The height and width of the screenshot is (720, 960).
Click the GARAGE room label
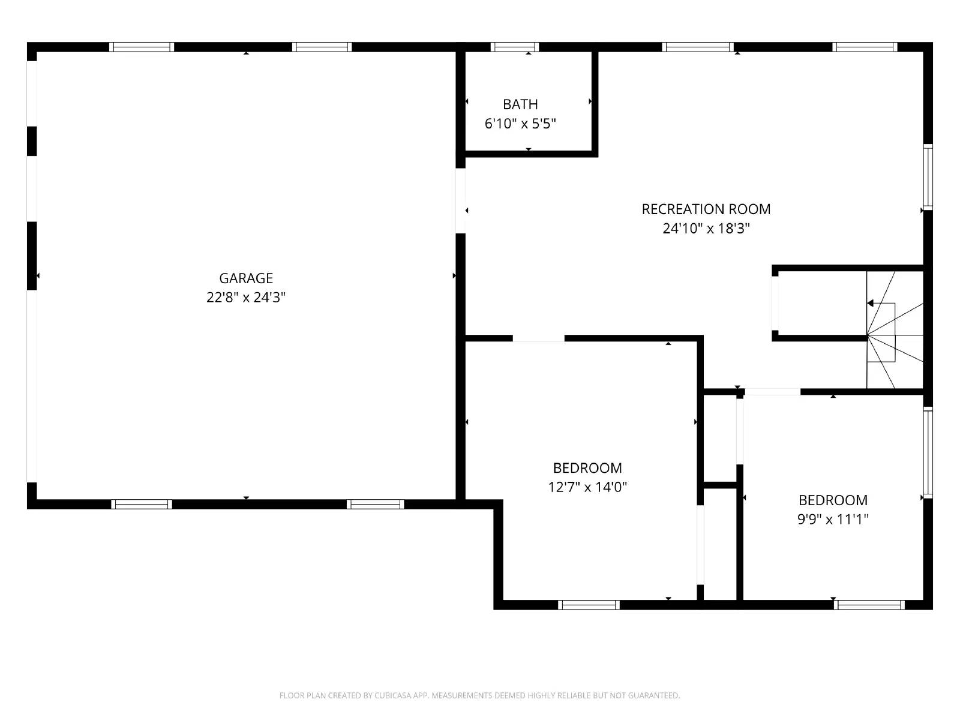pyautogui.click(x=246, y=278)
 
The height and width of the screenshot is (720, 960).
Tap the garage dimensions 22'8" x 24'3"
pyautogui.click(x=246, y=297)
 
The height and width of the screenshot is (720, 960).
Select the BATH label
pyautogui.click(x=520, y=104)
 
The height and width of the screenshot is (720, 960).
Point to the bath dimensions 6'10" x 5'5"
pyautogui.click(x=520, y=124)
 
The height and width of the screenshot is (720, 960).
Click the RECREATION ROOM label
pyautogui.click(x=706, y=209)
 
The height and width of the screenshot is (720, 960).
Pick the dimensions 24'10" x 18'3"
pyautogui.click(x=706, y=229)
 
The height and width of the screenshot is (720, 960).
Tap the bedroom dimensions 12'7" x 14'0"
pyautogui.click(x=587, y=487)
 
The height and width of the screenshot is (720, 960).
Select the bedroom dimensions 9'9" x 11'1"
pyautogui.click(x=833, y=519)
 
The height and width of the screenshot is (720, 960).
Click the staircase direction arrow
pyautogui.click(x=871, y=304)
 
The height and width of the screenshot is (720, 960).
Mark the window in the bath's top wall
pyautogui.click(x=514, y=47)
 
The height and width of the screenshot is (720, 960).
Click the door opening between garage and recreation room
pyautogui.click(x=460, y=200)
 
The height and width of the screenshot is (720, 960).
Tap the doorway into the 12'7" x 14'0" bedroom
pyautogui.click(x=538, y=338)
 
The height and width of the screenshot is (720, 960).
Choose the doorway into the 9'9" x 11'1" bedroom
pyautogui.click(x=772, y=392)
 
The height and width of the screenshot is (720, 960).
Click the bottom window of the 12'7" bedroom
pyautogui.click(x=589, y=605)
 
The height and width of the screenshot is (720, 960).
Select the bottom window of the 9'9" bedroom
pyautogui.click(x=869, y=605)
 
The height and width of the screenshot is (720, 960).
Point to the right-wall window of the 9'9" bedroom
pyautogui.click(x=928, y=452)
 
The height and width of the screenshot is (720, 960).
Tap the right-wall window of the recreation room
pyautogui.click(x=928, y=177)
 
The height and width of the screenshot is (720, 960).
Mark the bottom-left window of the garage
pyautogui.click(x=142, y=504)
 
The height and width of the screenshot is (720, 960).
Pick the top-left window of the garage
pyautogui.click(x=142, y=47)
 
